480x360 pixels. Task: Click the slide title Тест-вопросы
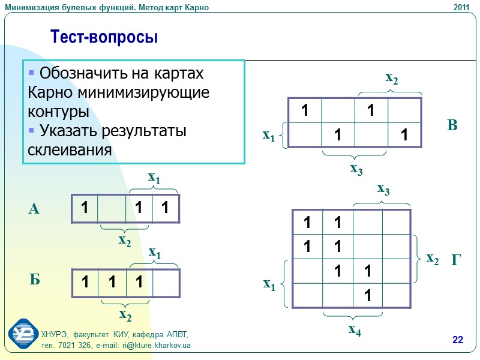pyautogui.click(x=104, y=37)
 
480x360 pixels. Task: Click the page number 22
pyautogui.click(x=458, y=341)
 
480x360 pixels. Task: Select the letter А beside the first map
pyautogui.click(x=34, y=209)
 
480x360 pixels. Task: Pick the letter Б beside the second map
pyautogui.click(x=35, y=280)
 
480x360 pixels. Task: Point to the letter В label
pyautogui.click(x=452, y=125)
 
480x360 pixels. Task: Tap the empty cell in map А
pyautogui.click(x=112, y=208)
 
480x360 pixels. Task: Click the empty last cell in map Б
pyautogui.click(x=166, y=283)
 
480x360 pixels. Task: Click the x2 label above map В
pyautogui.click(x=392, y=77)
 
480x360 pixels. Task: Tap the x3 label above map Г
pyautogui.click(x=383, y=190)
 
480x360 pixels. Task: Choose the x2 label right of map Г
pyautogui.click(x=433, y=259)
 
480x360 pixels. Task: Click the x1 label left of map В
pyautogui.click(x=269, y=136)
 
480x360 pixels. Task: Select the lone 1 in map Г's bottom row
pyautogui.click(x=367, y=295)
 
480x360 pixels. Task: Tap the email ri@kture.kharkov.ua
pyautogui.click(x=157, y=346)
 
